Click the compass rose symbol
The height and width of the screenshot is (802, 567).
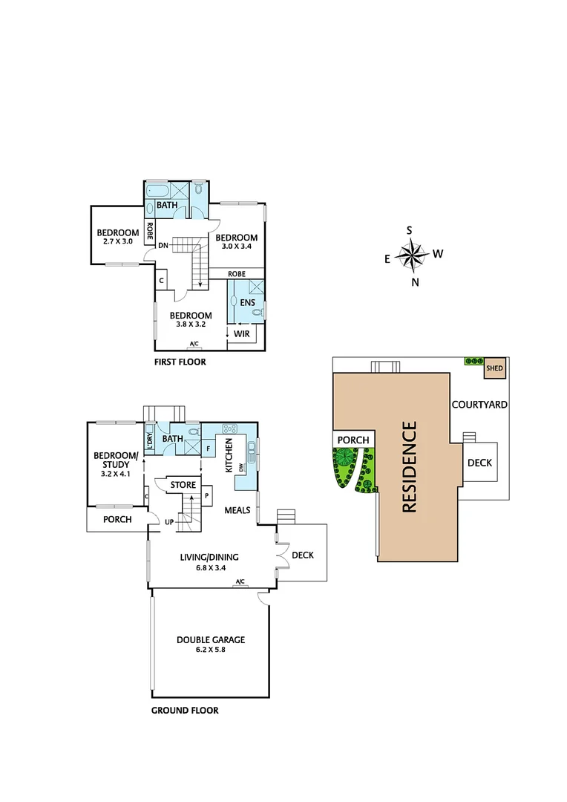[410, 256]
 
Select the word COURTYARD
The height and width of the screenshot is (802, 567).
[479, 405]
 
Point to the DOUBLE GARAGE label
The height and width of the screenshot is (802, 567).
[211, 639]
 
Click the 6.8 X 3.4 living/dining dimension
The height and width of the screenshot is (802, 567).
[211, 568]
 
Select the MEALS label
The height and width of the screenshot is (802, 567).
[237, 510]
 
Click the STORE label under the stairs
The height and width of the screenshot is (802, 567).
[183, 486]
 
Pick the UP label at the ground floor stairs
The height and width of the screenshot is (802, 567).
[169, 522]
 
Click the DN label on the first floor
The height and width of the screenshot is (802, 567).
[163, 246]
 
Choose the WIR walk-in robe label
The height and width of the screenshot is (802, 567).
[241, 335]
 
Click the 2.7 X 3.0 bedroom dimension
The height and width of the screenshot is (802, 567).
[117, 241]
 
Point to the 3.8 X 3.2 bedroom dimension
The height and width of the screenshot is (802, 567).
[191, 325]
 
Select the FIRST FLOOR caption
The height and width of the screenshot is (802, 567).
[179, 362]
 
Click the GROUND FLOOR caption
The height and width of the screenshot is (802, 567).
[185, 711]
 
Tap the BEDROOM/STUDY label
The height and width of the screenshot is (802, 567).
[115, 460]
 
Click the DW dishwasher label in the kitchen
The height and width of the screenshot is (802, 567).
[241, 467]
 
